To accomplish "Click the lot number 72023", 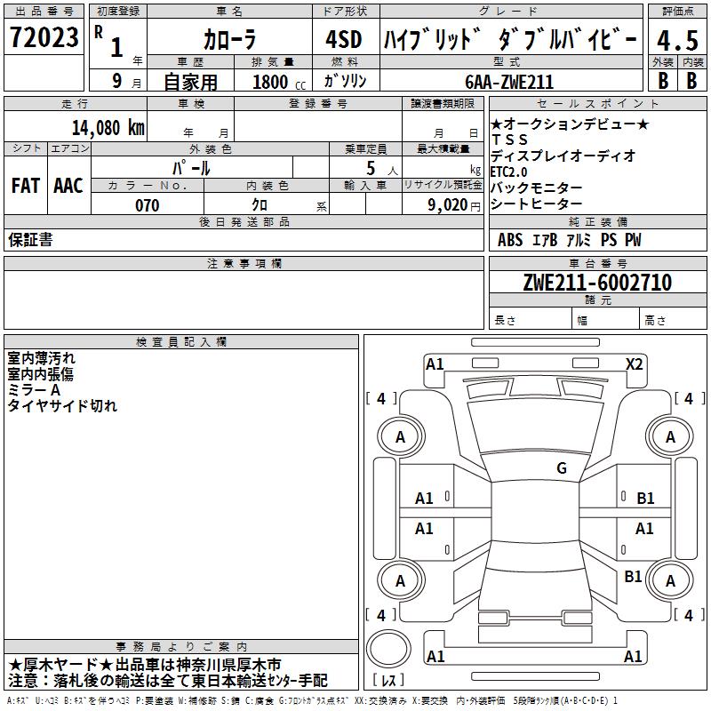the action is (44, 36).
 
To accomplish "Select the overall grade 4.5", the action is (677, 40).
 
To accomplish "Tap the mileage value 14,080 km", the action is (108, 127).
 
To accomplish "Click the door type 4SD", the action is (344, 39).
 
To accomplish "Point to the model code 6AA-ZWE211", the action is (509, 82).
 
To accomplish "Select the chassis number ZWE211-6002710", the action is (597, 283).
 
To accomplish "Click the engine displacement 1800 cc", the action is (279, 82).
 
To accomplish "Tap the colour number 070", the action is (148, 205).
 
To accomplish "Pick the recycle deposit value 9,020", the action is (448, 205).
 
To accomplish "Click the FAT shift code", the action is (26, 186).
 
